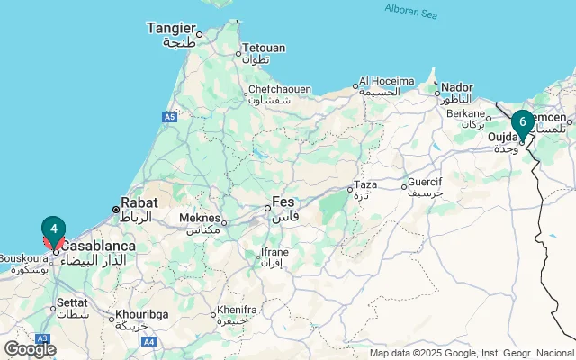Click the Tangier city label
[x=171, y=28]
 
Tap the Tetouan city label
[x=264, y=48]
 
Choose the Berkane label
[x=465, y=114]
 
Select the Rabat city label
[x=139, y=202]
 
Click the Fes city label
[x=283, y=202]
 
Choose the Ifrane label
[x=274, y=252]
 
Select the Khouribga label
[x=140, y=315]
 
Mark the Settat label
[x=75, y=304]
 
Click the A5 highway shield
[x=170, y=117]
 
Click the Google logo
[x=31, y=348]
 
